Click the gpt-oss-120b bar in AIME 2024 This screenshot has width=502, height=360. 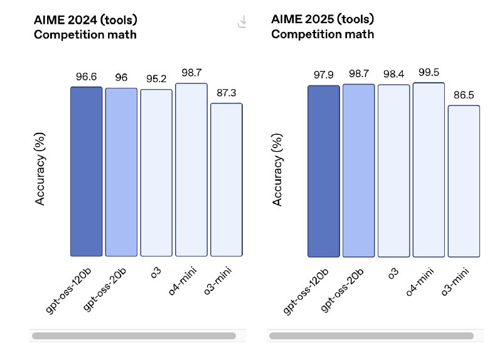(x=87, y=171)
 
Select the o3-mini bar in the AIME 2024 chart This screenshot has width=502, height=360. (x=227, y=180)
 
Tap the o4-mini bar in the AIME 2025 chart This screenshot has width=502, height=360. (x=429, y=170)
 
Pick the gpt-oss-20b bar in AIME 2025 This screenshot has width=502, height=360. (x=358, y=171)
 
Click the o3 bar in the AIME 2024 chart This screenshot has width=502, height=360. (x=156, y=173)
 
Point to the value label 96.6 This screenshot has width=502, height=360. (x=86, y=77)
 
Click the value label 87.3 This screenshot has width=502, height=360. (x=227, y=93)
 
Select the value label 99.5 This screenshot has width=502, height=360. (x=429, y=72)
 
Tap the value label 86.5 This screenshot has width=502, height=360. (x=464, y=95)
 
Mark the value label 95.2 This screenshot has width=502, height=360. (x=156, y=79)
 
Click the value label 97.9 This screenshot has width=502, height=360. (x=323, y=75)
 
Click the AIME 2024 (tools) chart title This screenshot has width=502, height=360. (x=85, y=20)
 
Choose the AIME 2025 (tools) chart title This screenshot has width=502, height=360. (x=323, y=19)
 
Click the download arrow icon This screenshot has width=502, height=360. (x=242, y=21)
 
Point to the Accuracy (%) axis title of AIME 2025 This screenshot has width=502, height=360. (x=277, y=169)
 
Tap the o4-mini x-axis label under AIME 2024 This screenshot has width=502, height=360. (x=182, y=281)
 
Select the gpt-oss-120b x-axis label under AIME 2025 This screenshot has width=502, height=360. (x=306, y=291)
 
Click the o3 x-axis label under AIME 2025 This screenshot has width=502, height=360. (x=393, y=273)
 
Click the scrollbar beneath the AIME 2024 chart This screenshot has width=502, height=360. (x=134, y=336)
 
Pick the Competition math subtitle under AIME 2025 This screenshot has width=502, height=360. (x=323, y=34)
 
